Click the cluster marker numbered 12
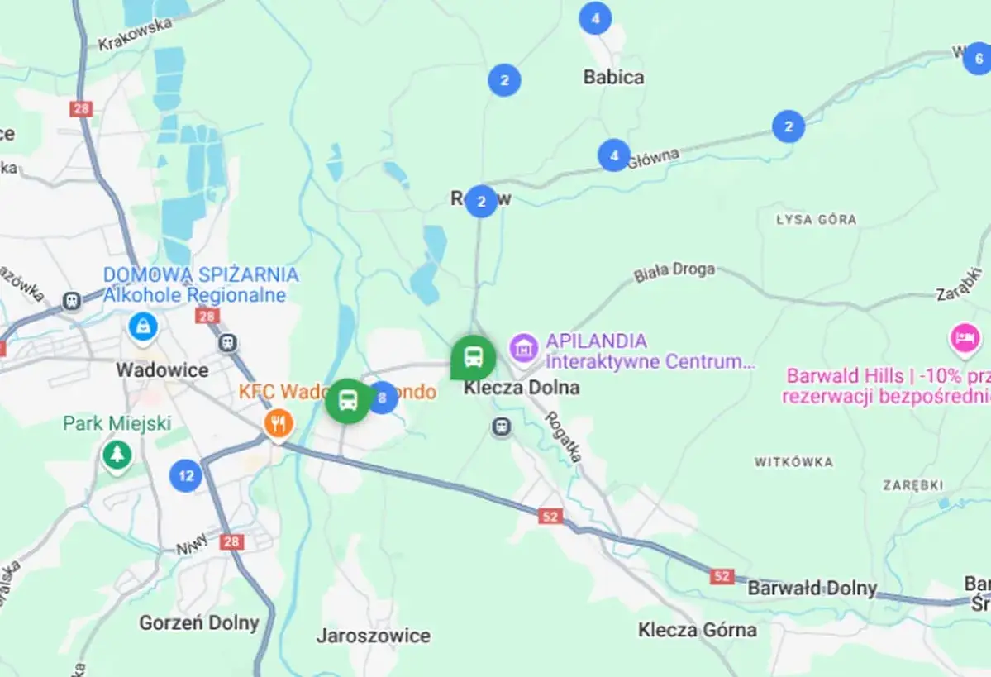click(186, 475)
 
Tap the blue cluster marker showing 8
click(382, 398)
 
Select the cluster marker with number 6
click(978, 59)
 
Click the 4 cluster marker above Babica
click(595, 18)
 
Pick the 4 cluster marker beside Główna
click(613, 155)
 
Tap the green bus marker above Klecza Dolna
click(473, 357)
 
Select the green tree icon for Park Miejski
click(117, 454)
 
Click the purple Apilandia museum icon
click(523, 348)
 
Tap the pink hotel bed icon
click(965, 337)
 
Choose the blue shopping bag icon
click(144, 327)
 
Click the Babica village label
click(613, 77)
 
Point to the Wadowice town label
click(162, 369)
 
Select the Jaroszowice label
click(374, 636)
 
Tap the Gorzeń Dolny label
click(199, 622)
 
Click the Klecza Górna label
click(697, 630)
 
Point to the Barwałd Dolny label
click(812, 588)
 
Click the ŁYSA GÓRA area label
click(816, 220)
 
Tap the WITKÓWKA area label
click(793, 462)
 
